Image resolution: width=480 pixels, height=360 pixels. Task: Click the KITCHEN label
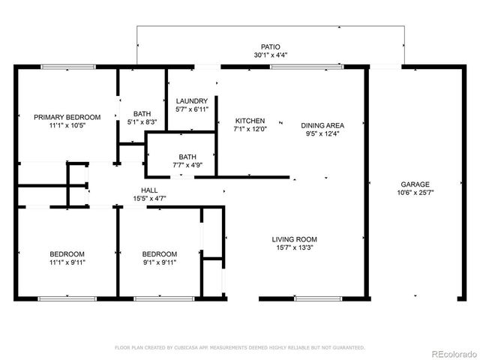point(250,121)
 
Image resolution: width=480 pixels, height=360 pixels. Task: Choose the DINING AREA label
point(322,125)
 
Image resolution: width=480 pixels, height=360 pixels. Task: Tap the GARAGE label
point(414,184)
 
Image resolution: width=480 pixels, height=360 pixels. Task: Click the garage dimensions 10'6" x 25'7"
point(414,193)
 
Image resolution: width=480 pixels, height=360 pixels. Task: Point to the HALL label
point(148,190)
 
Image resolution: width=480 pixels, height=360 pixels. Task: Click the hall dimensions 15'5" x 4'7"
point(148,199)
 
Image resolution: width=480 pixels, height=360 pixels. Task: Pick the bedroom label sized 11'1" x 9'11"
point(67,253)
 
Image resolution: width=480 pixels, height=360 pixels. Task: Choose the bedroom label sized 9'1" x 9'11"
point(160,253)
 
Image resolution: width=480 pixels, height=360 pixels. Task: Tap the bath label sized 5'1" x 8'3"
point(142,114)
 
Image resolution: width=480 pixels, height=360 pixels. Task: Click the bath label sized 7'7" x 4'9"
point(187,157)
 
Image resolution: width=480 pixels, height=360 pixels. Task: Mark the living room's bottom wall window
point(316,298)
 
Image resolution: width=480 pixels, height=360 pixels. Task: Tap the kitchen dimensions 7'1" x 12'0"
point(250,129)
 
